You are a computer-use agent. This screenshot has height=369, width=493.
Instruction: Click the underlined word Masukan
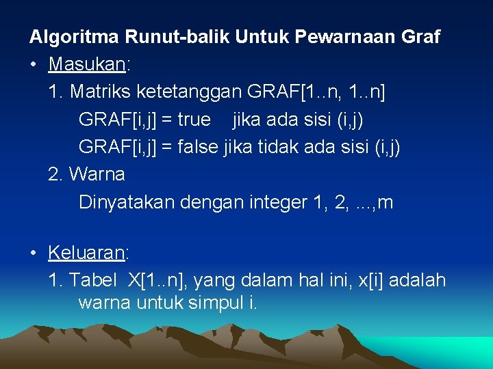[86, 64]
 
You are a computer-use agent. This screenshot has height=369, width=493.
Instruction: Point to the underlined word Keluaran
[86, 253]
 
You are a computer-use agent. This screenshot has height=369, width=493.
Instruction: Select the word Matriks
[101, 92]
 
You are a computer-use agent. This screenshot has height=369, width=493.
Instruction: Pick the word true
[194, 120]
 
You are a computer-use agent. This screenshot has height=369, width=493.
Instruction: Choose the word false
[199, 147]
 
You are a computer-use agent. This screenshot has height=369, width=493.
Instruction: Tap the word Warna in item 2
[97, 174]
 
